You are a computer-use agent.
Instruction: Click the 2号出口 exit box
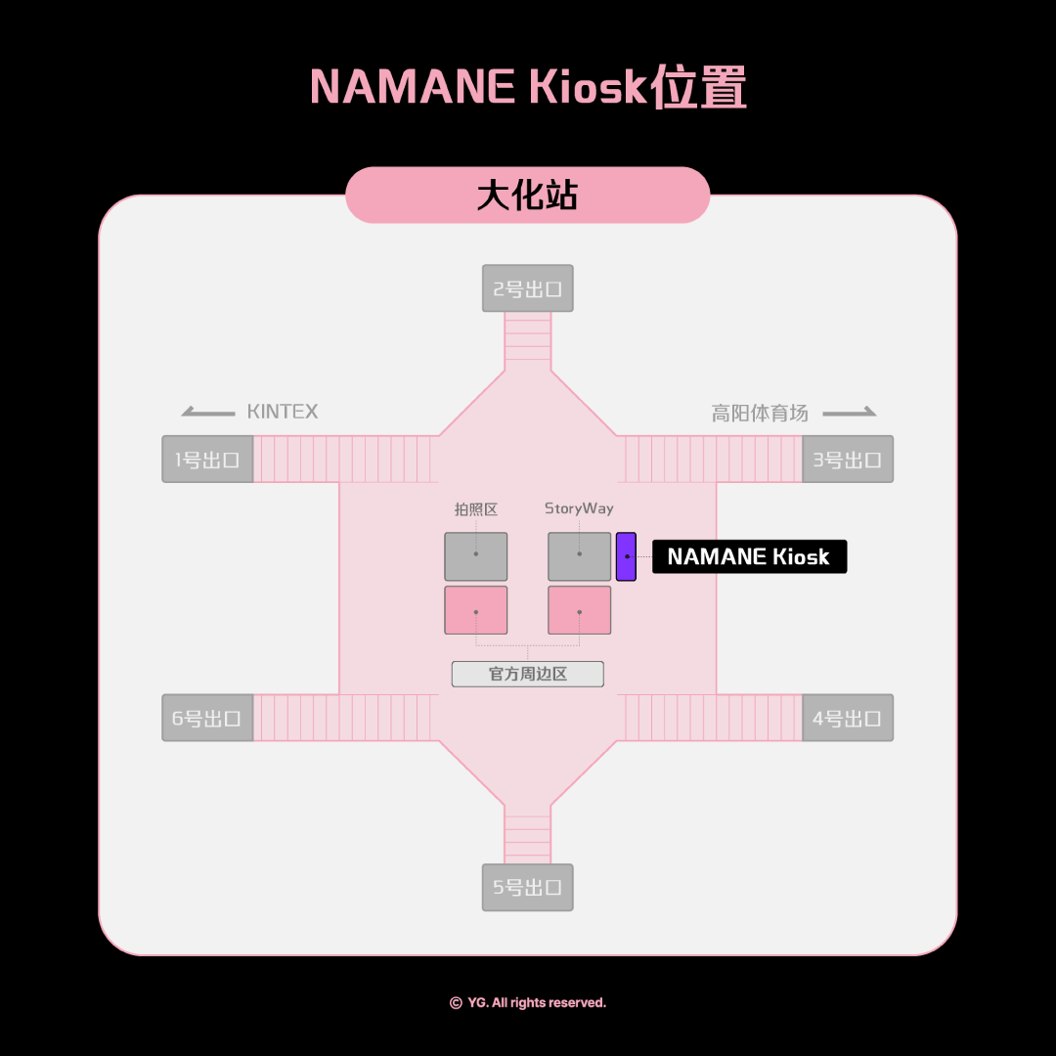point(527,288)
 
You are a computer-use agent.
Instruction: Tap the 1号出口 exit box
point(207,460)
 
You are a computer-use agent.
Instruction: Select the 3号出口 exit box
point(848,460)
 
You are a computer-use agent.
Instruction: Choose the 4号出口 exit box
point(848,718)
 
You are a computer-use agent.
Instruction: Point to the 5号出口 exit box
point(527,888)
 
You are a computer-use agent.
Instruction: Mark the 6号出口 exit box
point(207,718)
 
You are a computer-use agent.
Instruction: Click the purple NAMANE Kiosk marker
point(627,557)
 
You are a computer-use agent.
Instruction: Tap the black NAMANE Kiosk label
point(750,557)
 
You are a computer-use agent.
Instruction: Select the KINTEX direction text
point(283,412)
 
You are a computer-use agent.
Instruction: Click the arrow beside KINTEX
point(208,412)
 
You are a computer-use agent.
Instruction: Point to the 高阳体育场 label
point(760,413)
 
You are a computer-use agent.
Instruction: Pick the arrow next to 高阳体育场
point(850,412)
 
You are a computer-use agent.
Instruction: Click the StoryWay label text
point(579,508)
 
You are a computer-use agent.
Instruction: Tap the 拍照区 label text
point(476,509)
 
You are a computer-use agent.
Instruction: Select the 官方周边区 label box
point(527,674)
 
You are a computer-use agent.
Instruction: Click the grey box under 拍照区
point(476,557)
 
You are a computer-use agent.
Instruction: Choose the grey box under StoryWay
point(579,557)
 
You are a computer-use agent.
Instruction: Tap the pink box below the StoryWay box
point(579,610)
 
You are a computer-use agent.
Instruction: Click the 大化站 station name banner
point(528,196)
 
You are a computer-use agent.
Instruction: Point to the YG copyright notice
point(528,1003)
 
